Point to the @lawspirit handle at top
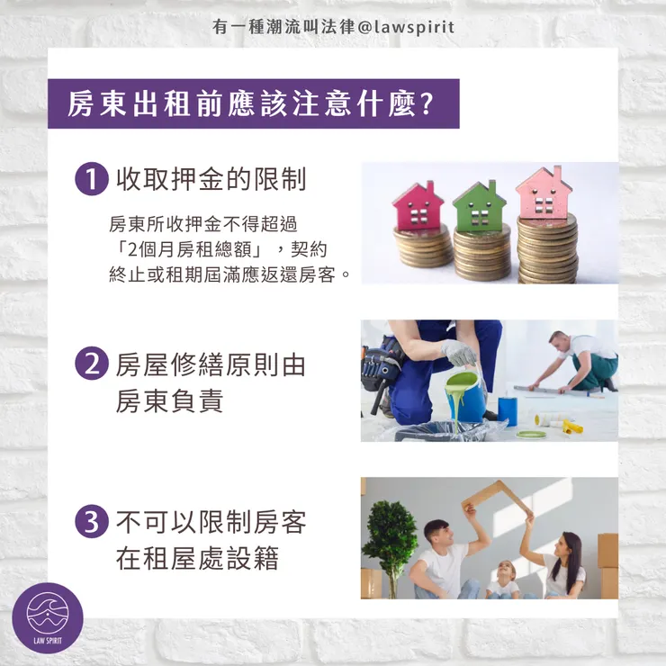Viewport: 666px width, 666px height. tap(409, 27)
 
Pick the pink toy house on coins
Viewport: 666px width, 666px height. tap(544, 193)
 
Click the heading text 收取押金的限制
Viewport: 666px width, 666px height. tap(211, 180)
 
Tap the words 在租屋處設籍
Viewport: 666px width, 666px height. tap(197, 559)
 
